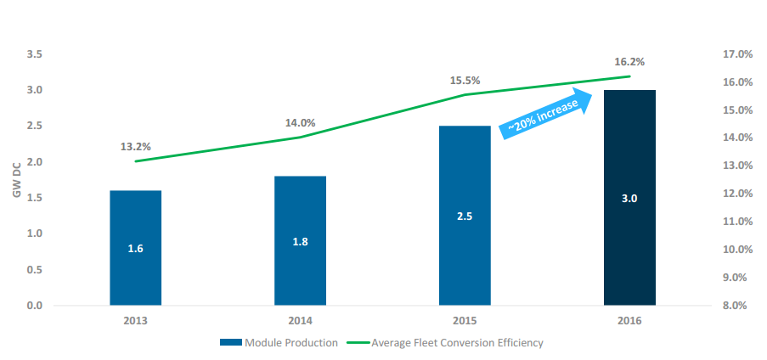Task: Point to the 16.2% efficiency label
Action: [629, 62]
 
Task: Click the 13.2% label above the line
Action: [136, 146]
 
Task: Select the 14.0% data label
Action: [300, 123]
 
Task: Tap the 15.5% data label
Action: [465, 81]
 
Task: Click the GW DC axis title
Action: [16, 180]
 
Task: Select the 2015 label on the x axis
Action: [465, 321]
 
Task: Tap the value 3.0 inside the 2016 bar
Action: [629, 199]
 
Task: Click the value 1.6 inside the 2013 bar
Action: [136, 249]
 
